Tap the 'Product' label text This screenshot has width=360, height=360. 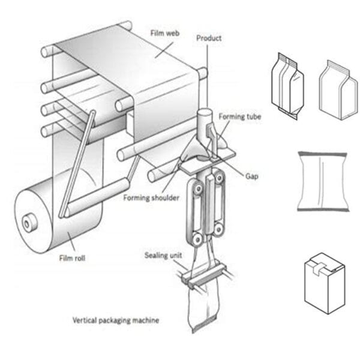click(x=209, y=38)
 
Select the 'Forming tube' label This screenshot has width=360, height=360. click(x=239, y=117)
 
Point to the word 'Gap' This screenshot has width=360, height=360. click(x=252, y=176)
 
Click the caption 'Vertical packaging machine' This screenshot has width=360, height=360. click(x=116, y=320)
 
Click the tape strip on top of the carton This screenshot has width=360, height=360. click(x=325, y=262)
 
